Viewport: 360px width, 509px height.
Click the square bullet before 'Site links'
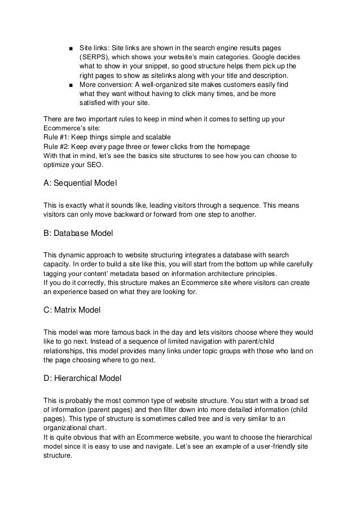69,49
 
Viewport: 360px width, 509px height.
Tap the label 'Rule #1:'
59,137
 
